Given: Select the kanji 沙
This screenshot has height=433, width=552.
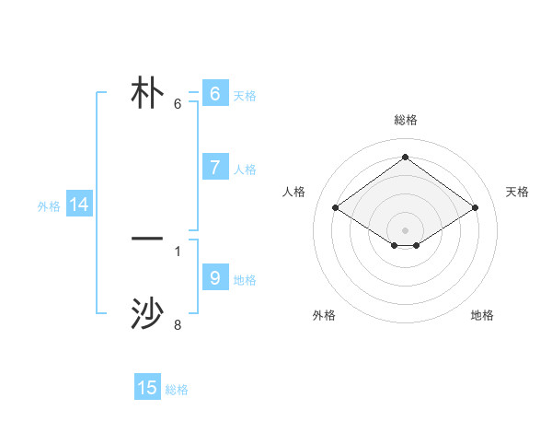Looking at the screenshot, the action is point(147,313).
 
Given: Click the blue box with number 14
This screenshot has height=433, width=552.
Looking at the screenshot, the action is point(79,205).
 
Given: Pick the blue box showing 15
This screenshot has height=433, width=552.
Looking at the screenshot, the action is point(147,388).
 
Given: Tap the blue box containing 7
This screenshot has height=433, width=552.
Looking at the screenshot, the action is point(214,168).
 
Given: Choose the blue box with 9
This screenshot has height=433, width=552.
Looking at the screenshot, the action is point(214,278).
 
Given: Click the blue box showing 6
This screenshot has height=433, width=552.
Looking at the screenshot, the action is point(214,94).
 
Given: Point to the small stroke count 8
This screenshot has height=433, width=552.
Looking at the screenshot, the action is point(178,324).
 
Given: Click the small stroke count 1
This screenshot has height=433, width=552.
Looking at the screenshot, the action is point(178,251).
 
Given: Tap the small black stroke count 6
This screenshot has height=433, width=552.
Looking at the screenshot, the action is point(178,103).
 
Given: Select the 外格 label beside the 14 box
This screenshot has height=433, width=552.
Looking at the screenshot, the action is point(49,206).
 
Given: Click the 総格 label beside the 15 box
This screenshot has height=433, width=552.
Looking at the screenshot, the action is point(177,390).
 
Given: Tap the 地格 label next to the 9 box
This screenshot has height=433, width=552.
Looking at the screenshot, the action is point(245,280).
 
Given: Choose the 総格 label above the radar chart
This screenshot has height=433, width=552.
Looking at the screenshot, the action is point(406,120).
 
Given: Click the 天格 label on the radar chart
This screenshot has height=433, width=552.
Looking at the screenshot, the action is point(517,192).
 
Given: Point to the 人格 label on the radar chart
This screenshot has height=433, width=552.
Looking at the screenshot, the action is point(294,192).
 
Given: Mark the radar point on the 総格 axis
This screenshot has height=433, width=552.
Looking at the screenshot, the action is point(406,158).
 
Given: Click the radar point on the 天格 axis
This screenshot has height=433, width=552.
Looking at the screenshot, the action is point(475,208).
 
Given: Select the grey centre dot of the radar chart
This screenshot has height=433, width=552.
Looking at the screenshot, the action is point(406,229).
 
